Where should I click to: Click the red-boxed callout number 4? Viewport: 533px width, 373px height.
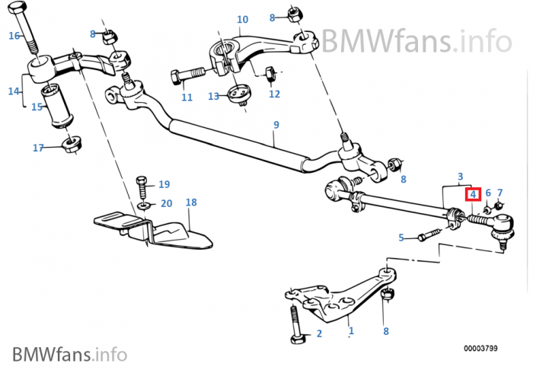473,195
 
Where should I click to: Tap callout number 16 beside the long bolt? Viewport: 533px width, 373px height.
14,35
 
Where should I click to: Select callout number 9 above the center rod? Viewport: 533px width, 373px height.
276,125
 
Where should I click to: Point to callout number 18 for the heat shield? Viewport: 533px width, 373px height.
191,202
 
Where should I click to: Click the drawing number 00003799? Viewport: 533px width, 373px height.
480,348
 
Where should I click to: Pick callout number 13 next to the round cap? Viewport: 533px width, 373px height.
213,97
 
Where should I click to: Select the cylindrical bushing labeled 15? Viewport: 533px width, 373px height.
57,107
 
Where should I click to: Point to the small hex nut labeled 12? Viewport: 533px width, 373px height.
270,74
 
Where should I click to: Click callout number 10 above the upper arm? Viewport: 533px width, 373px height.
242,19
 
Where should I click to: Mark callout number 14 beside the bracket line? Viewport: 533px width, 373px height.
14,91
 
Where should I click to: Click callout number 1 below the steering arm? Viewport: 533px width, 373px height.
351,330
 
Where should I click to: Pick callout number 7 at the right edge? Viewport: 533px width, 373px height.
499,193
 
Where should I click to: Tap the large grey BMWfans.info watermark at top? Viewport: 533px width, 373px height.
417,41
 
